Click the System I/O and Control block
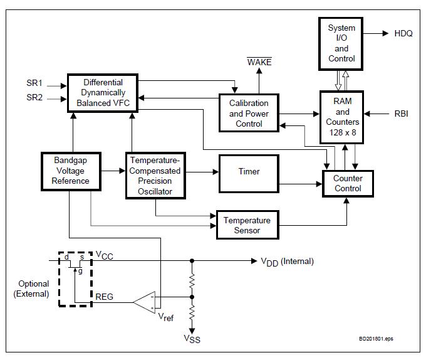tap(341, 43)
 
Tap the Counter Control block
tap(347, 183)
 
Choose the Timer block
tap(249, 172)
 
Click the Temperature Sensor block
tap(247, 225)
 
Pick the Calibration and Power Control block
tap(248, 114)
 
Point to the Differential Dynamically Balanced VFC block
tap(103, 93)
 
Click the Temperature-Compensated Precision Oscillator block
tap(155, 176)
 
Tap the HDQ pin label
tap(403, 34)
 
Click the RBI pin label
tap(401, 114)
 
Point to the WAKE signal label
tap(259, 61)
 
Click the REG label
tap(104, 296)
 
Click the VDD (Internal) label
tap(287, 262)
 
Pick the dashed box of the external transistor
tap(75, 279)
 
